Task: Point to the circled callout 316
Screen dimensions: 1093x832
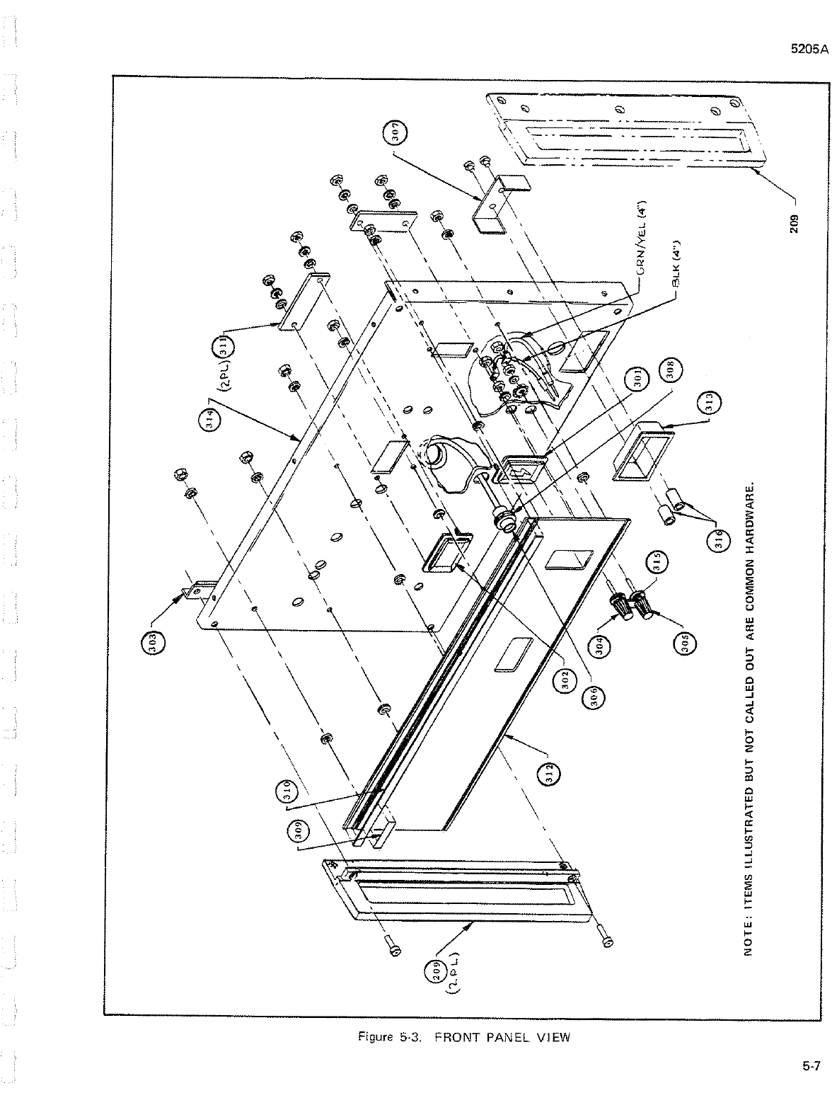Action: pyautogui.click(x=715, y=543)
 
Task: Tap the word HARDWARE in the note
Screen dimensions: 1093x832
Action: pyautogui.click(x=752, y=505)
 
